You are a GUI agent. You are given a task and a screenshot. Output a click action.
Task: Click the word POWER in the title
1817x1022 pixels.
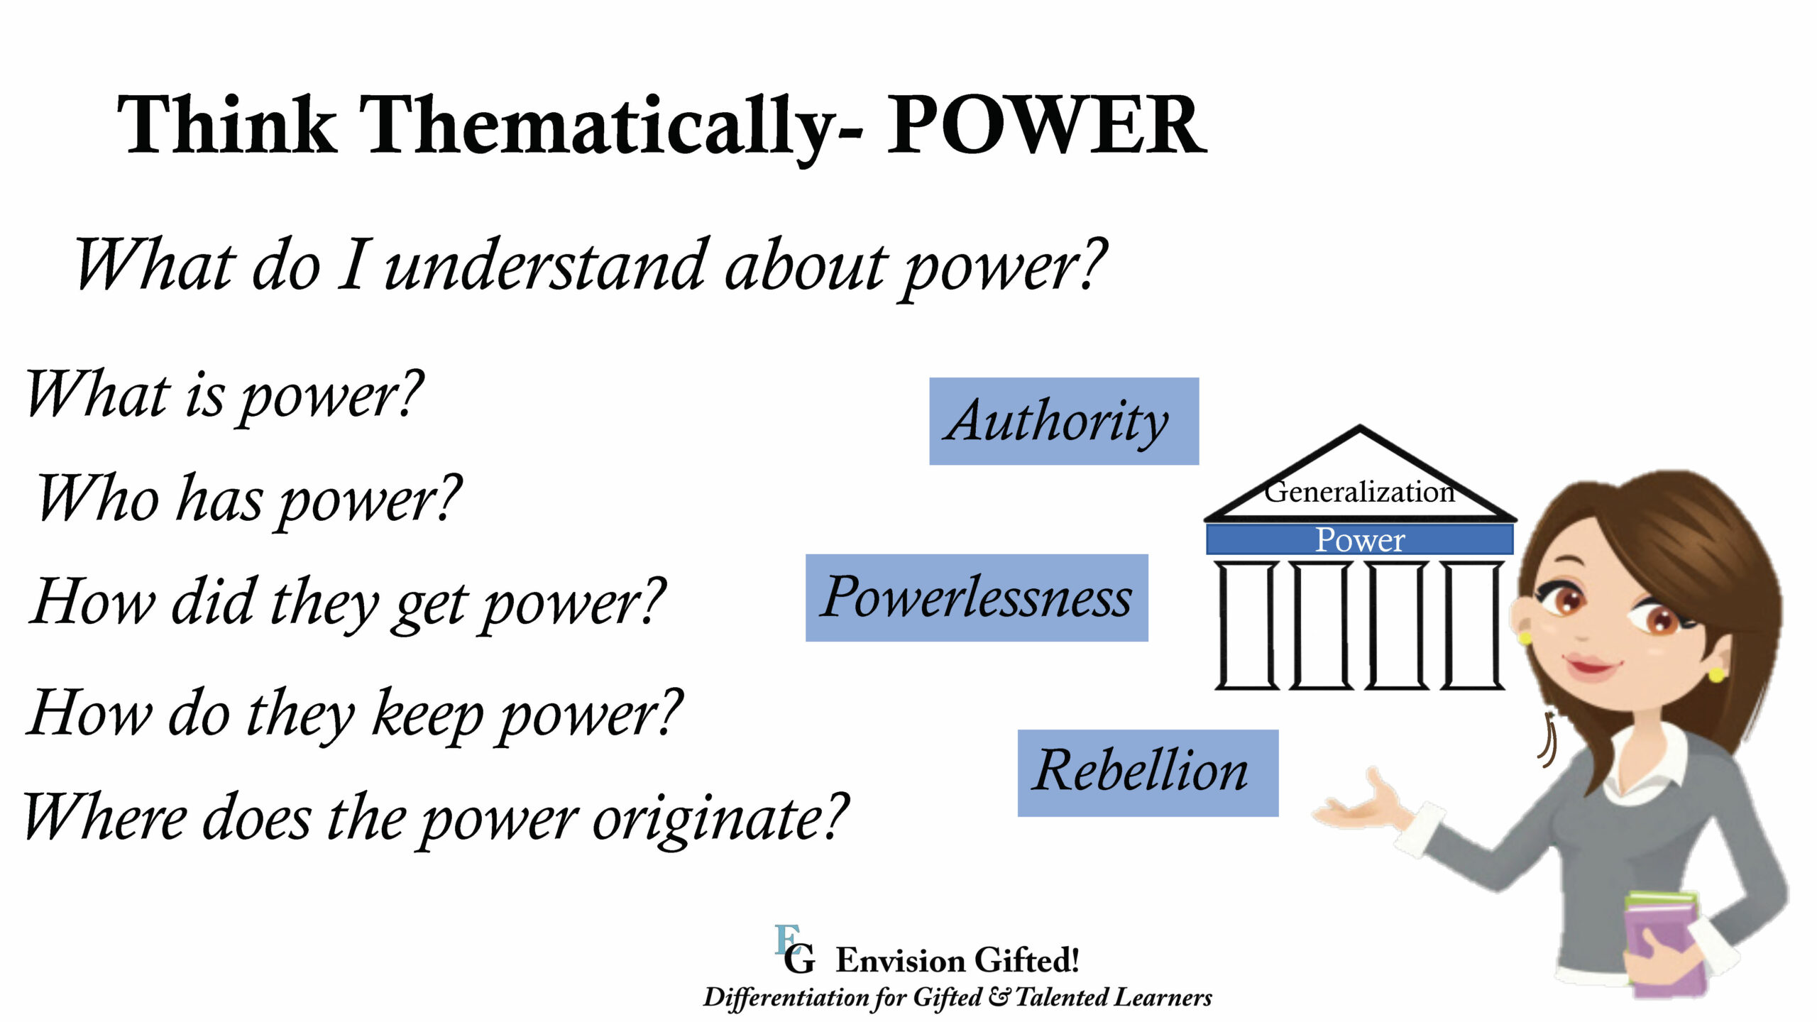pos(1046,126)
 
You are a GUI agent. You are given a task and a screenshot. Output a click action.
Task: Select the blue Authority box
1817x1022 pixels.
pos(1063,422)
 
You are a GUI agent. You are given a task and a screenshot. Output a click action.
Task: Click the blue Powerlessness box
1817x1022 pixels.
pos(976,598)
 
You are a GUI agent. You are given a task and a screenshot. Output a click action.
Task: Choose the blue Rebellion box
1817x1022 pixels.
pos(1147,773)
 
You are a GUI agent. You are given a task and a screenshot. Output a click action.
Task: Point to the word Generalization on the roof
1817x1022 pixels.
pos(1358,492)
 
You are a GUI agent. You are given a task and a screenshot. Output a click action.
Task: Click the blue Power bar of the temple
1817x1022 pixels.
pos(1359,540)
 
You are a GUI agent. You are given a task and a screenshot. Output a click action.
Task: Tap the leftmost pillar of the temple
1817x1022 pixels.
pos(1247,625)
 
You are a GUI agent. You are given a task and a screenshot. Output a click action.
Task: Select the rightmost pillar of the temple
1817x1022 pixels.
pos(1472,625)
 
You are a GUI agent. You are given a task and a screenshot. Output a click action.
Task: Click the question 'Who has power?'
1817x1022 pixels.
pos(248,500)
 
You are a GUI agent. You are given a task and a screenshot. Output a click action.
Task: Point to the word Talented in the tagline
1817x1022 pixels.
pos(1063,997)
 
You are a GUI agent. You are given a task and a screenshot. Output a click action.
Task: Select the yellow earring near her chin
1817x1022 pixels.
pos(1716,673)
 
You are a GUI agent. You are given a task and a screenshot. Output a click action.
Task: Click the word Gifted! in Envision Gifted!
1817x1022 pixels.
pos(1026,960)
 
